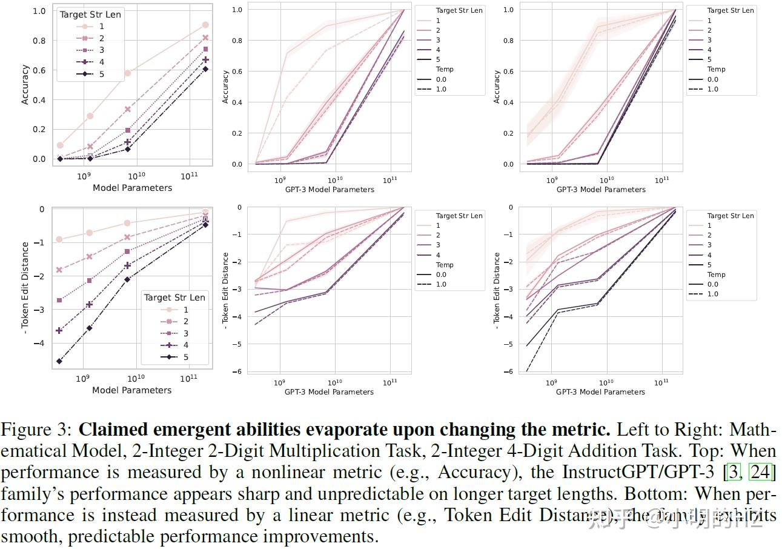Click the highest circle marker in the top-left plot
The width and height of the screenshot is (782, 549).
[x=205, y=25]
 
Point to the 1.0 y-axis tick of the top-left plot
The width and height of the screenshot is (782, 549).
[x=39, y=11]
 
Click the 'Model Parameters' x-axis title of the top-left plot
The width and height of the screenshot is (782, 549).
[x=132, y=188]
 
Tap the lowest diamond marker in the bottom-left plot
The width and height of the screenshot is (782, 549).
[x=59, y=361]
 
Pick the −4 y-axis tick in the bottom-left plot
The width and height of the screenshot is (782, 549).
[x=40, y=343]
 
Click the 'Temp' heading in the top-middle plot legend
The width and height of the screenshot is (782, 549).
[x=444, y=69]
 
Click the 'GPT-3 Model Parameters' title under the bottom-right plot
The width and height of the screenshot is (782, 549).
[x=600, y=392]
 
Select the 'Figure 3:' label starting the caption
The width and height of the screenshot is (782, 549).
[x=38, y=430]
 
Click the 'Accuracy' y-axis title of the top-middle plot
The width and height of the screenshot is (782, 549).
[x=225, y=87]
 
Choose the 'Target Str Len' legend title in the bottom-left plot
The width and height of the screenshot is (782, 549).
[x=174, y=297]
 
